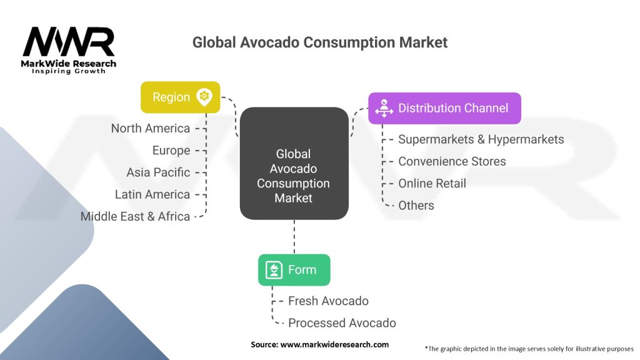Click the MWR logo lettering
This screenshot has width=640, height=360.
69,42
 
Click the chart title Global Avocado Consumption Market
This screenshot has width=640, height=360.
320,42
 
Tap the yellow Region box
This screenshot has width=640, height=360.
181,97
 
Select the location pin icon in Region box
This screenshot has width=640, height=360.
204,97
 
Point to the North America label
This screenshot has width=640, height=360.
151,128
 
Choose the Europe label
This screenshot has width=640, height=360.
171,151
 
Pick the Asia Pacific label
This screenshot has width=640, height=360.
158,172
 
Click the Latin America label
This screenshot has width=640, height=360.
152,194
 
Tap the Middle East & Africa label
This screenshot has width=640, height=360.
135,216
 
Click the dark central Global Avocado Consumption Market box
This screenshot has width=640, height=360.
294,163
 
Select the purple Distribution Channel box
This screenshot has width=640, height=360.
444,108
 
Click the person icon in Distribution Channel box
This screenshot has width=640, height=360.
384,108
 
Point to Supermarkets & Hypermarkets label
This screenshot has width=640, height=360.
481,139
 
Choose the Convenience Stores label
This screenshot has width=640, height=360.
452,161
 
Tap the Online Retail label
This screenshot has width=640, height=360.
432,183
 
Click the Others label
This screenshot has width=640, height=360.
416,205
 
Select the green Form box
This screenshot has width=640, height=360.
294,270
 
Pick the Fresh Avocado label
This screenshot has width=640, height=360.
329,301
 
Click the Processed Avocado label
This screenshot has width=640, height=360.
342,323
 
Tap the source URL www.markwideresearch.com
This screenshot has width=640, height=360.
334,344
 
